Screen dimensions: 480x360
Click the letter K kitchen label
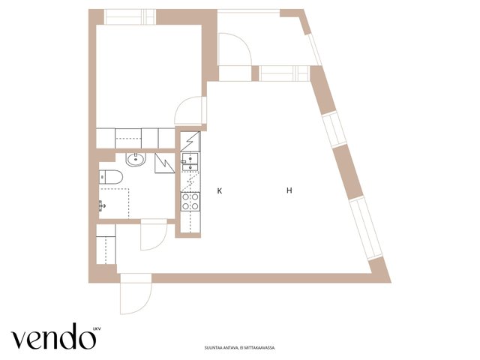[x=220, y=191]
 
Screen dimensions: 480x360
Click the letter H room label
[x=289, y=190]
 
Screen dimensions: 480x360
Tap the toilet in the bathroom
[x=111, y=177]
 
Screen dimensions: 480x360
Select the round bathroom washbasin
[x=136, y=159]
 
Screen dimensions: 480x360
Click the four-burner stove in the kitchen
[x=190, y=202]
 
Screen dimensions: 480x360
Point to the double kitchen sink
[x=190, y=162]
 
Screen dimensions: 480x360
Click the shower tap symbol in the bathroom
[x=102, y=205]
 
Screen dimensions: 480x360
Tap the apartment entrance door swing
[x=136, y=294]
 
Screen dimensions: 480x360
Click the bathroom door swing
[x=154, y=235]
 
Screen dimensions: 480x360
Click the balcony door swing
[x=235, y=49]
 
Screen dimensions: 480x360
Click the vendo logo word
[x=53, y=337]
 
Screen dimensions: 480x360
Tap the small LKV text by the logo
[x=97, y=329]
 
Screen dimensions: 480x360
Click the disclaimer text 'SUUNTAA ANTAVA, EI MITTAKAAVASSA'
[x=240, y=348]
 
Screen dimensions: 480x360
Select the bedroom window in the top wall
[x=130, y=16]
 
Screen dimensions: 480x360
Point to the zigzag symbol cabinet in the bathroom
[x=164, y=163]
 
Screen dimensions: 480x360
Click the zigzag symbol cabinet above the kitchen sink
[x=190, y=141]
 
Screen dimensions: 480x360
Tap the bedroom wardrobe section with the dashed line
[x=128, y=138]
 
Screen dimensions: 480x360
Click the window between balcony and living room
[x=283, y=73]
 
